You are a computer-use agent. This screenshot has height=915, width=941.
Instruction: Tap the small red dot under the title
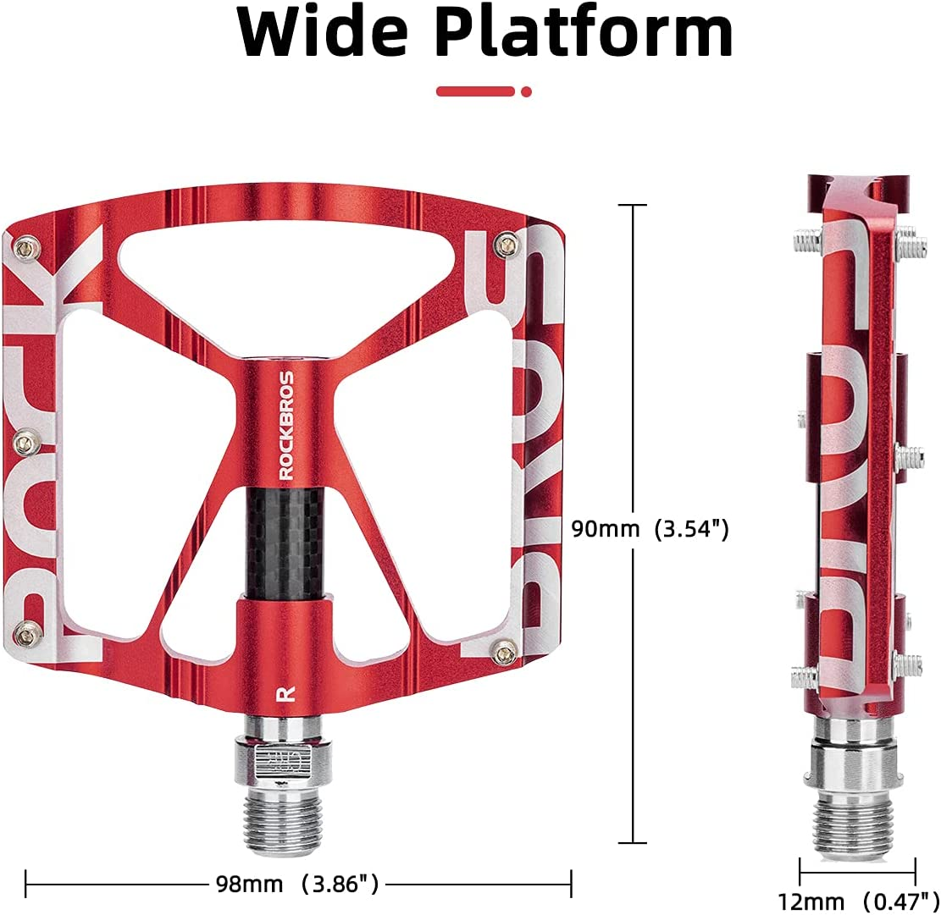pyautogui.click(x=527, y=91)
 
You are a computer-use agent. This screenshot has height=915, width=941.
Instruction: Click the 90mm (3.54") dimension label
pyautogui.click(x=649, y=529)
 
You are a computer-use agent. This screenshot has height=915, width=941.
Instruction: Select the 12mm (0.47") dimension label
pyautogui.click(x=857, y=897)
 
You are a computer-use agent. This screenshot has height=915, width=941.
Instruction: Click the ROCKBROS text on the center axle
pyautogui.click(x=287, y=425)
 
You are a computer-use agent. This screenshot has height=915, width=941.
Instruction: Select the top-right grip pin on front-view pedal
pyautogui.click(x=508, y=245)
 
